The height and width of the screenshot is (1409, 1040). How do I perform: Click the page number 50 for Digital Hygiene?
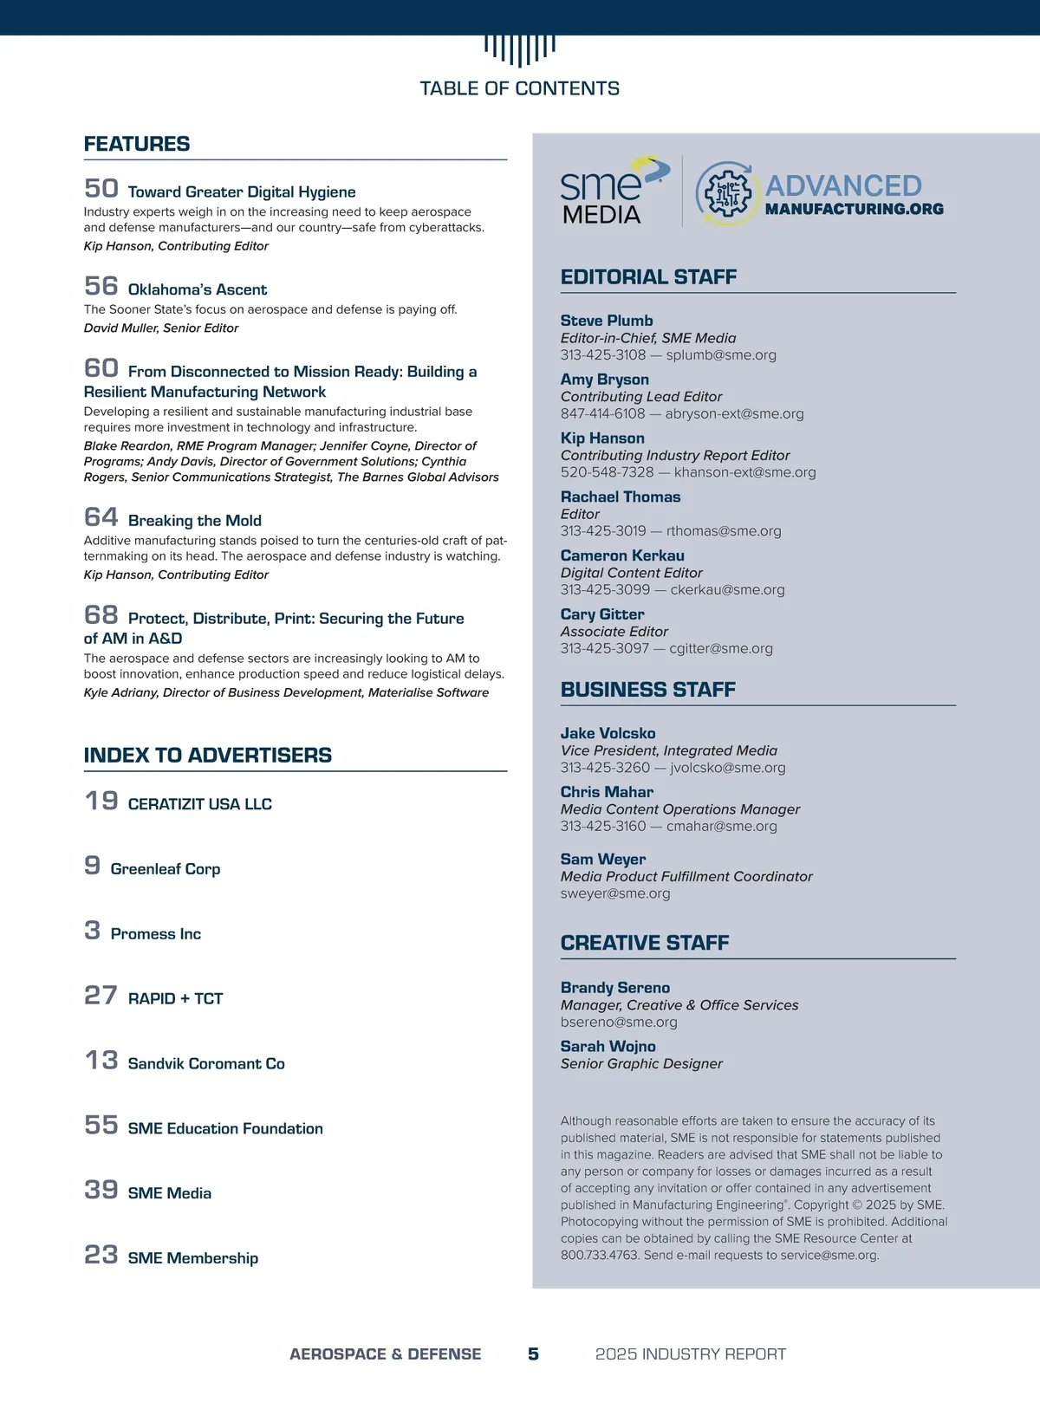[101, 188]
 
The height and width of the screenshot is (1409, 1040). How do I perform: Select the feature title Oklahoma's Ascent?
[197, 289]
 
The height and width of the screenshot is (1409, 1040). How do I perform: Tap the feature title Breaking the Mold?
[194, 521]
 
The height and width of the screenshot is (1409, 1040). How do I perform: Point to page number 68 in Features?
[101, 615]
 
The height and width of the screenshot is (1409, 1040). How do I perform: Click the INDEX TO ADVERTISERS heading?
[207, 755]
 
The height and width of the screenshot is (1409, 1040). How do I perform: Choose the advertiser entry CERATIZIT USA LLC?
[199, 804]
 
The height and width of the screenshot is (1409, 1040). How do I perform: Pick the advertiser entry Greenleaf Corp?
[165, 869]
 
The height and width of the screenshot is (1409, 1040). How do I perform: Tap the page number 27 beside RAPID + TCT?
[101, 995]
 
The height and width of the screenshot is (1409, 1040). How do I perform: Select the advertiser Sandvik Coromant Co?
[205, 1063]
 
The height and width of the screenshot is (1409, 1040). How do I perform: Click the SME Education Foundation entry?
[224, 1128]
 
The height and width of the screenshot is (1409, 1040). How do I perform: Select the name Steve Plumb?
[606, 321]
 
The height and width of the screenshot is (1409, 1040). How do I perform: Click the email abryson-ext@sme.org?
[734, 413]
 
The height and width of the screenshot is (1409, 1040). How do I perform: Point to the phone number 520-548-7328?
[607, 472]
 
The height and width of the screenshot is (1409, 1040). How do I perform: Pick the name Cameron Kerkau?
[621, 555]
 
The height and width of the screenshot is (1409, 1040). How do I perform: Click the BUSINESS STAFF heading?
[647, 690]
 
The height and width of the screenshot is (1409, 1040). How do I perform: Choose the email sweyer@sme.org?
[614, 893]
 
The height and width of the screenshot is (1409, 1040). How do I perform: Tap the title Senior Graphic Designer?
[640, 1063]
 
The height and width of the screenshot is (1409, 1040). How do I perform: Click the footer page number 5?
[533, 1354]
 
